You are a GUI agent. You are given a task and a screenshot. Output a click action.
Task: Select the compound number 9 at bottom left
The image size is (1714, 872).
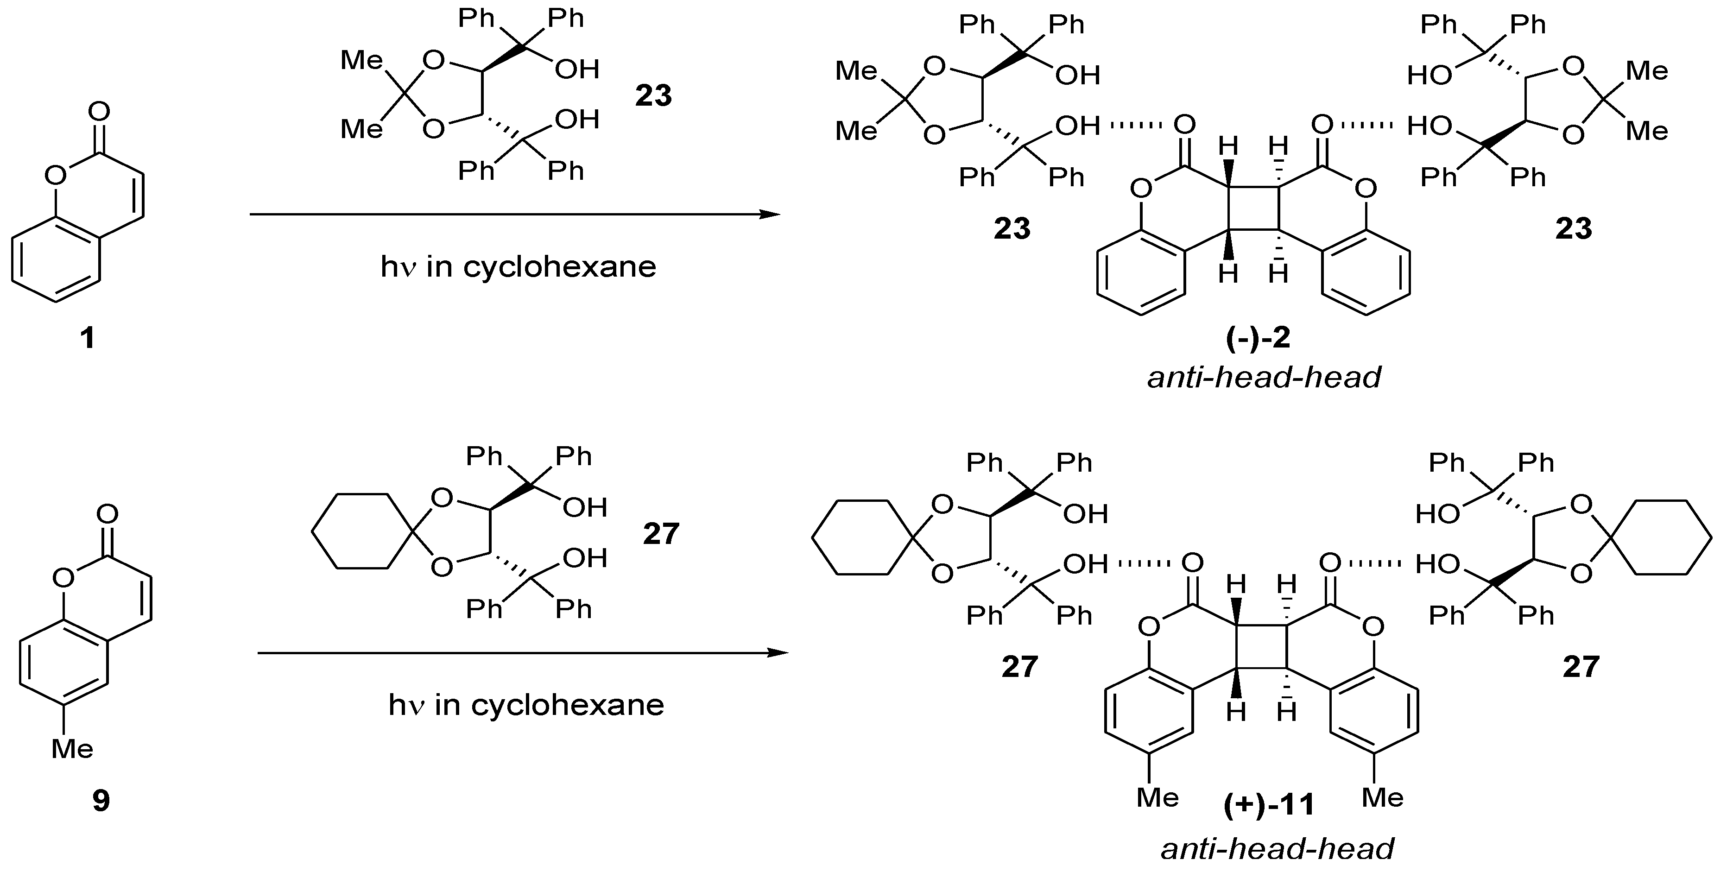click(x=101, y=801)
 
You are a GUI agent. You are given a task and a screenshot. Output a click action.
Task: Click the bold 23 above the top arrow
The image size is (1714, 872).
click(x=653, y=96)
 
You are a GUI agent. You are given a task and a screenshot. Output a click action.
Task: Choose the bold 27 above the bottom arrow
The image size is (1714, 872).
click(x=661, y=533)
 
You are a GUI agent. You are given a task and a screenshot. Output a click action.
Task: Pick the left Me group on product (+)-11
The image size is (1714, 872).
click(x=1158, y=797)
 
